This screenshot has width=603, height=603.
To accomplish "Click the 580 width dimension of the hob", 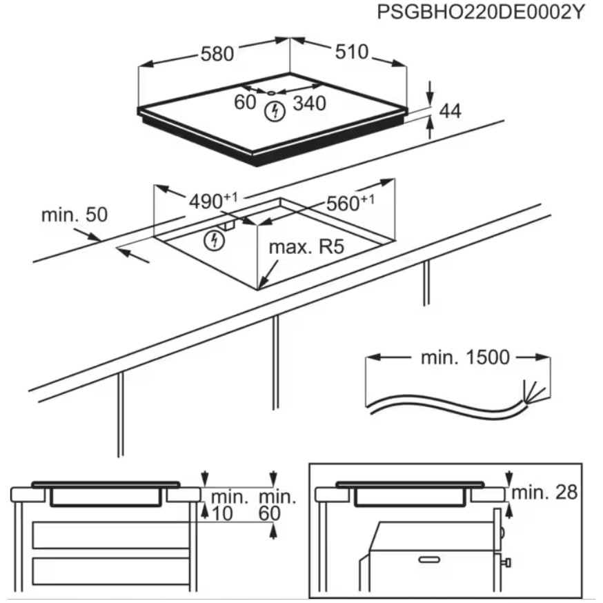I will tap(217, 54).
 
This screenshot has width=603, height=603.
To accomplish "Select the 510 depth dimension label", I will tap(352, 52).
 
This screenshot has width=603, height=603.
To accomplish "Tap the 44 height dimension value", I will tap(449, 110).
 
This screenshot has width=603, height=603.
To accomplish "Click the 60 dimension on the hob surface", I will tap(245, 103).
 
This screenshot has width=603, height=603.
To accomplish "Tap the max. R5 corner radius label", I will tap(306, 247).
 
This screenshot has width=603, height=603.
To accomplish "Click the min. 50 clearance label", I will tap(75, 215).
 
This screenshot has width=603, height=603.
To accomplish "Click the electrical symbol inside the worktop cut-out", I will tap(217, 240).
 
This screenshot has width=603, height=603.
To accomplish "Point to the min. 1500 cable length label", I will tap(464, 357).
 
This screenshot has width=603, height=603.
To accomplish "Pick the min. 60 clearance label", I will tap(277, 504).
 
